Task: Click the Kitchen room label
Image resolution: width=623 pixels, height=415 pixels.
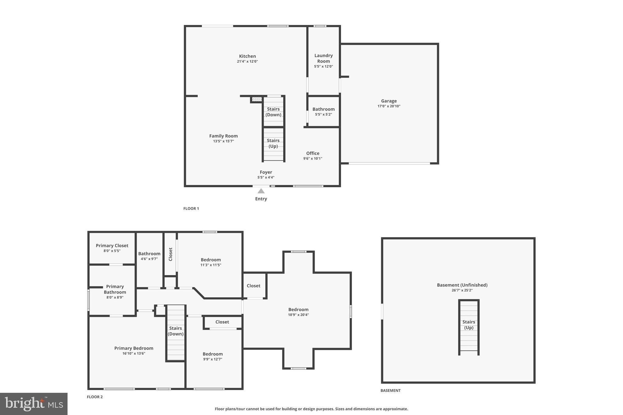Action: coord(247,56)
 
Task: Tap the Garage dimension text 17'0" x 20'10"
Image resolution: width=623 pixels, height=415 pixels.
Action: coord(389,106)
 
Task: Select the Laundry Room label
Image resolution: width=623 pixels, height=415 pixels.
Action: coord(323,58)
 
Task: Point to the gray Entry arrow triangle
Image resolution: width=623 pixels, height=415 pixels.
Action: coord(261,191)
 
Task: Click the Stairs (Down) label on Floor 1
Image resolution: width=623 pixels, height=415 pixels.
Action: coord(273,112)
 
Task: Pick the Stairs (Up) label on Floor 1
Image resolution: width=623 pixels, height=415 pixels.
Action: coord(273,143)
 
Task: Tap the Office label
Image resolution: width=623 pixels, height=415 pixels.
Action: coord(313,153)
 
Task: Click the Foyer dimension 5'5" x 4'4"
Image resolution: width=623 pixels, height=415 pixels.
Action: coord(266,178)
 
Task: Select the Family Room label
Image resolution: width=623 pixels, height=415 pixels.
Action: coord(223,136)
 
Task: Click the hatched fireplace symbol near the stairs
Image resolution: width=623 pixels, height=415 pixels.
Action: coord(257,99)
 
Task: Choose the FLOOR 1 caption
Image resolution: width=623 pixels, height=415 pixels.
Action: coord(191,209)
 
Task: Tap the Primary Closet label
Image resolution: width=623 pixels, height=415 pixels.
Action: coord(112,246)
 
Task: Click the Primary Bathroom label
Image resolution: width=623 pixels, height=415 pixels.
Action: coord(115,289)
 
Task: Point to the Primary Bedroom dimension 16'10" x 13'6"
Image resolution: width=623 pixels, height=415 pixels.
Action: coord(134,354)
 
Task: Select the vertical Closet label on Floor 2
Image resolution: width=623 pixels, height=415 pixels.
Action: coord(170,254)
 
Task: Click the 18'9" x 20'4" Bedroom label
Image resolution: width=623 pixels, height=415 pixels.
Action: coord(298,310)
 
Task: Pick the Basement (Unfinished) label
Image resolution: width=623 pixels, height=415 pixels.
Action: coord(462,285)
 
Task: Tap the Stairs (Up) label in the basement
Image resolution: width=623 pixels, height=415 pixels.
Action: coord(468,325)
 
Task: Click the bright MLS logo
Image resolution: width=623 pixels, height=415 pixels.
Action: coord(34,404)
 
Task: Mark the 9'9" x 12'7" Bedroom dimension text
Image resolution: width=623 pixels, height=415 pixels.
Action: coord(213,359)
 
